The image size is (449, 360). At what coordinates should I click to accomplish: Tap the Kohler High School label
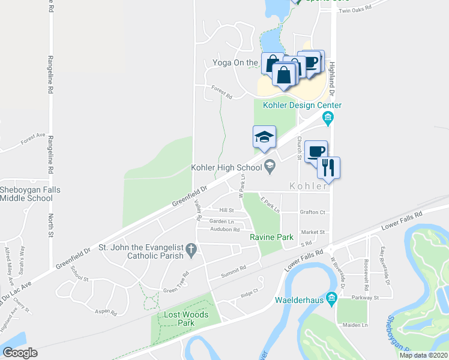226,167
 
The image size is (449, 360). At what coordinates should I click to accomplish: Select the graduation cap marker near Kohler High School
264,137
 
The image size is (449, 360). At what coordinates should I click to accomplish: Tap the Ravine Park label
272,237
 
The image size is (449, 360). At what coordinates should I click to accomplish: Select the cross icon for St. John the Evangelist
191,249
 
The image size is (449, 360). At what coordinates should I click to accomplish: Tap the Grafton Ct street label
313,212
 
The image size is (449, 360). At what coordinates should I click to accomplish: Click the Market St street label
313,232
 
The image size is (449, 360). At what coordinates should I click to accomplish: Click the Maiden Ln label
356,325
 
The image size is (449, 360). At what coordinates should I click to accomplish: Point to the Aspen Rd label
105,312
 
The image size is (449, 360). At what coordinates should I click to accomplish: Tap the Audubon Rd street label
225,229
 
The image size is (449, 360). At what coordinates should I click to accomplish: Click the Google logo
20,353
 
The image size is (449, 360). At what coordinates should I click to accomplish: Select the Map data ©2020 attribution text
423,355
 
